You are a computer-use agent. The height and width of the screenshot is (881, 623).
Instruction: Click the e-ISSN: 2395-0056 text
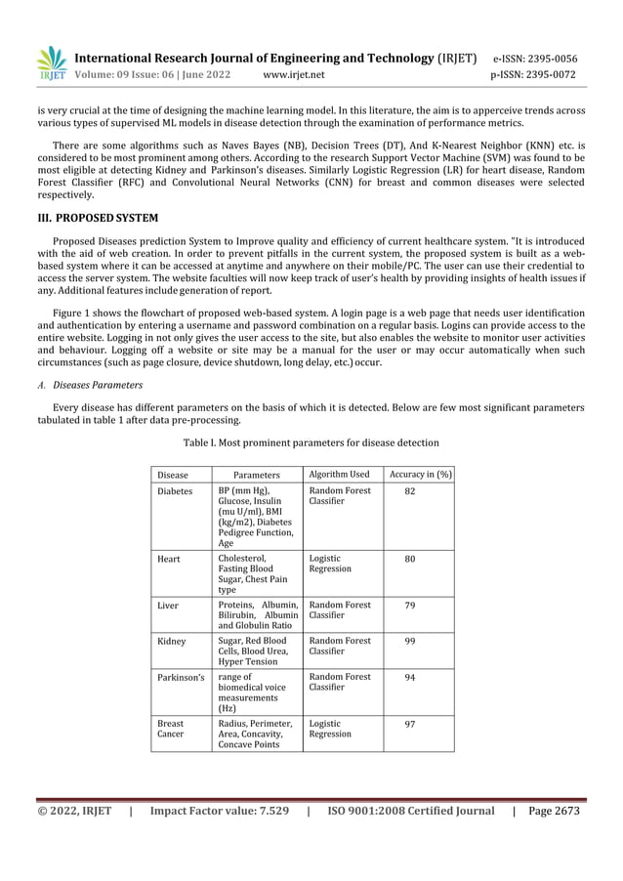coord(534,58)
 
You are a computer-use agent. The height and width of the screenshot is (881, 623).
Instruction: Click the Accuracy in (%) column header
coord(419,475)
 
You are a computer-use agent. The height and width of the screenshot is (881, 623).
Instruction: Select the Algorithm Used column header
coord(339,475)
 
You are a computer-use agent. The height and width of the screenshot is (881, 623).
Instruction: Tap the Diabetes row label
coord(175,491)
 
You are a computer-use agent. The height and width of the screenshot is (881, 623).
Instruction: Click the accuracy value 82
coord(410,491)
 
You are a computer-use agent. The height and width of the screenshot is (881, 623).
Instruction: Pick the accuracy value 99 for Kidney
coord(410,641)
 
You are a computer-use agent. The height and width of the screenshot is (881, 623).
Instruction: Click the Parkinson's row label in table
coord(181,676)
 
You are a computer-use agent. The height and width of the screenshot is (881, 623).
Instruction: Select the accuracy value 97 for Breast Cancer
coord(410,724)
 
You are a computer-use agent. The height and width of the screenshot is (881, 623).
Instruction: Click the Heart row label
coord(168,560)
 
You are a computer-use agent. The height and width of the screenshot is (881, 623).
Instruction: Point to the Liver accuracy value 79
coord(410,606)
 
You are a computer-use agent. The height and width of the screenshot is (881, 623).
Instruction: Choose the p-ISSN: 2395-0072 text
coord(534,74)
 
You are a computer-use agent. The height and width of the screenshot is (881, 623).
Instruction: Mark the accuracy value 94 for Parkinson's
coord(410,676)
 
